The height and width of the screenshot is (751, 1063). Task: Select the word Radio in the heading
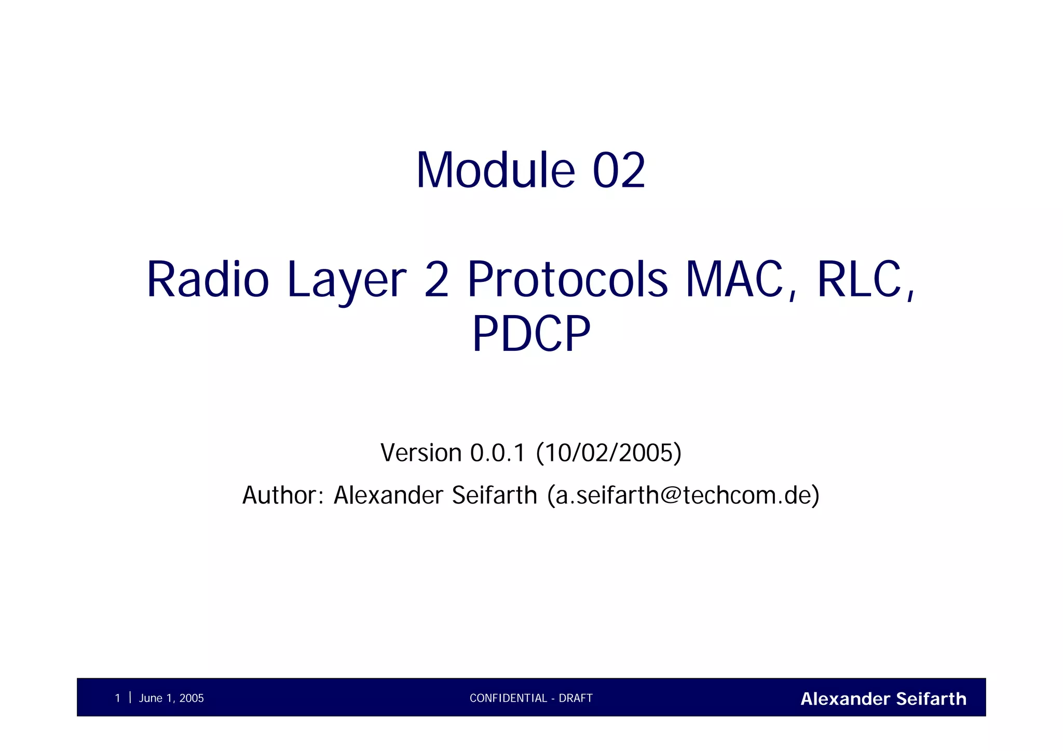[208, 280]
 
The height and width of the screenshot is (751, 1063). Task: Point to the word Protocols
[567, 280]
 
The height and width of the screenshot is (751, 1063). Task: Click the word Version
[421, 453]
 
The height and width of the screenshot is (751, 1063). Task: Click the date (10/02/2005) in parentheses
[608, 453]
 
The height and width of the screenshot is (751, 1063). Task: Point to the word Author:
[283, 495]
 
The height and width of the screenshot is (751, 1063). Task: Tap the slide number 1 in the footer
[118, 698]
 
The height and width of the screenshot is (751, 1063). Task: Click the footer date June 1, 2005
[171, 698]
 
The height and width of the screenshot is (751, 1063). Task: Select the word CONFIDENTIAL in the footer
[508, 698]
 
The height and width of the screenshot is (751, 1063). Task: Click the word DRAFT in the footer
[576, 698]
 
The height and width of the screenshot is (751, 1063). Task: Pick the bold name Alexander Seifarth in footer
[883, 699]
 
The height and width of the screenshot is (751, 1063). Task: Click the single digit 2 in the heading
[436, 280]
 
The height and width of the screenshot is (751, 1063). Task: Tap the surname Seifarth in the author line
[494, 495]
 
